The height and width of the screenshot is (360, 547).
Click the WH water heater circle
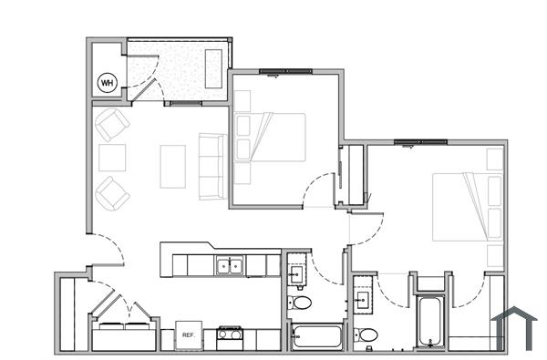pyautogui.click(x=108, y=83)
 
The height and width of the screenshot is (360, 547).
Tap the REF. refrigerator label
pyautogui.click(x=189, y=335)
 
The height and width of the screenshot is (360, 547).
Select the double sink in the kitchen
pyautogui.click(x=229, y=266)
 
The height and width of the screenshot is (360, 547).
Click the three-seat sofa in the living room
pyautogui.click(x=212, y=166)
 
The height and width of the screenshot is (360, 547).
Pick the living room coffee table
pyautogui.click(x=172, y=166)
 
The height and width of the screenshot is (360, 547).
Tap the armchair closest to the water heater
pyautogui.click(x=112, y=124)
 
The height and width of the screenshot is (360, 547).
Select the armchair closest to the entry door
pyautogui.click(x=112, y=192)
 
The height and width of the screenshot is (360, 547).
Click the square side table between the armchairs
pyautogui.click(x=112, y=159)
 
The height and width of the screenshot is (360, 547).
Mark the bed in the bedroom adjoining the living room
pyautogui.click(x=270, y=137)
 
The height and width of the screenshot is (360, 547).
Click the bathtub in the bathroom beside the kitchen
pyautogui.click(x=315, y=336)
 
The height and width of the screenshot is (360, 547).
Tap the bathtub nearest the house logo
pyautogui.click(x=430, y=322)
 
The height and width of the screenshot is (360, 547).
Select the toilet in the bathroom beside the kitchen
pyautogui.click(x=300, y=303)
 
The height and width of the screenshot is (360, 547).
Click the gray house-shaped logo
pyautogui.click(x=515, y=326)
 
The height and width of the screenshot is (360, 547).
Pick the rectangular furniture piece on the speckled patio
pyautogui.click(x=213, y=68)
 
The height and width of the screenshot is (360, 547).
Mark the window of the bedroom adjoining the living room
pyautogui.click(x=284, y=70)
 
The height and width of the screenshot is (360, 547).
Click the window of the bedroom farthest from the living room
pyautogui.click(x=421, y=142)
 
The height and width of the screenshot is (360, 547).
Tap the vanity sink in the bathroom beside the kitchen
pyautogui.click(x=296, y=272)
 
